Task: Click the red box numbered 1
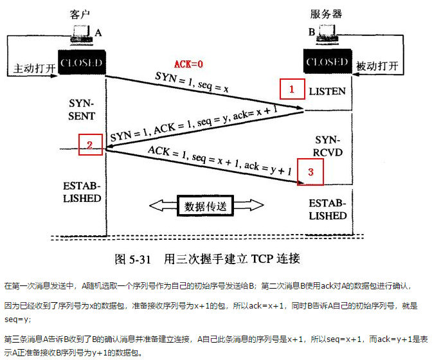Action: pyautogui.click(x=292, y=89)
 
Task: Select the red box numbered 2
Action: pyautogui.click(x=91, y=145)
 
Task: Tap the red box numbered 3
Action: pyautogui.click(x=310, y=172)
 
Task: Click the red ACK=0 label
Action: pyautogui.click(x=189, y=64)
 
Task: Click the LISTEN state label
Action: pyautogui.click(x=327, y=91)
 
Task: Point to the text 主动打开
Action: pyautogui.click(x=31, y=67)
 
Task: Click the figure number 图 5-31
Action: pyautogui.click(x=132, y=259)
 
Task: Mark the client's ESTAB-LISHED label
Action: pyautogui.click(x=82, y=192)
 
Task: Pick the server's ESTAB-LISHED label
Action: pyautogui.click(x=327, y=210)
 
